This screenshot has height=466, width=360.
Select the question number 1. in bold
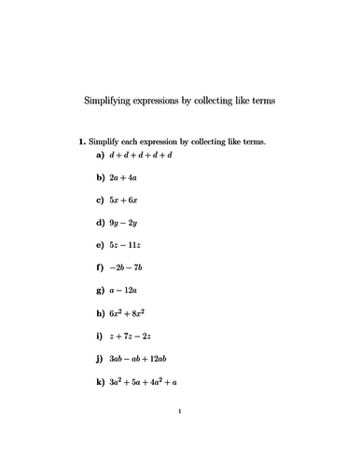point(81,143)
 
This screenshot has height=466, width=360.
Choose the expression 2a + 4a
point(123,177)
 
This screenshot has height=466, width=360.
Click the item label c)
point(100,199)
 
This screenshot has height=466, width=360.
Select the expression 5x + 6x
point(124,199)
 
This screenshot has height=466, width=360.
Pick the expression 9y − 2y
point(124,223)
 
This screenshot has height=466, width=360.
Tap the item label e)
point(100,245)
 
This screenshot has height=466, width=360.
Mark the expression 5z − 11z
point(125,245)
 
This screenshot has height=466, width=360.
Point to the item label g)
point(100,291)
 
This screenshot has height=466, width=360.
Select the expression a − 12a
point(124,291)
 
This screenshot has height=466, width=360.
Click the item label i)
point(99,336)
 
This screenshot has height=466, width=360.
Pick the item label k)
point(100,381)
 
